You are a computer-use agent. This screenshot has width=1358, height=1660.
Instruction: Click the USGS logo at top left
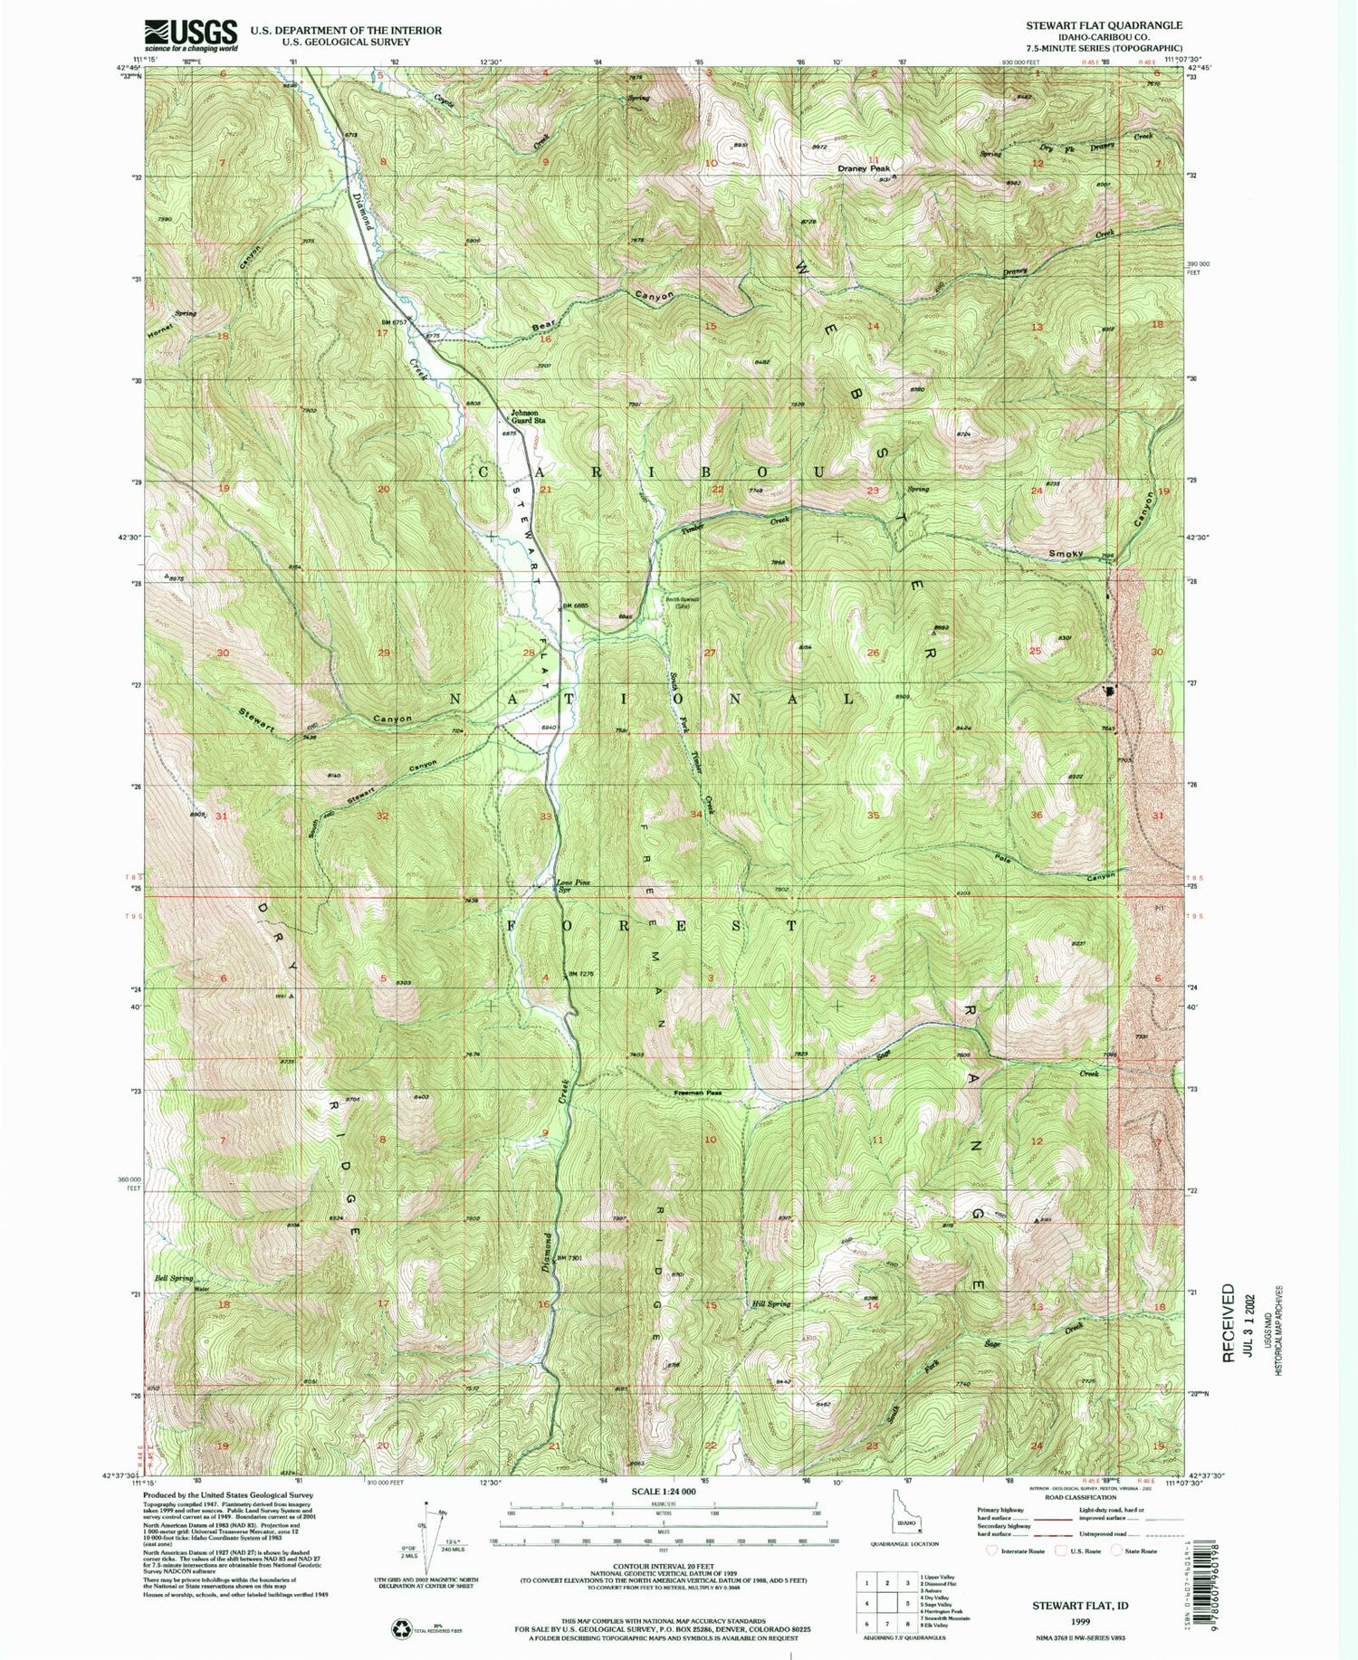[x=191, y=35]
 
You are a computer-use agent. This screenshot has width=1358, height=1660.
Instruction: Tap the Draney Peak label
[x=864, y=168]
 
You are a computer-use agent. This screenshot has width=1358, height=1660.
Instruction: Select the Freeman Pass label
[x=698, y=1092]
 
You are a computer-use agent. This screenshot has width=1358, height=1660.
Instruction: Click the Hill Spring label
[x=771, y=1304]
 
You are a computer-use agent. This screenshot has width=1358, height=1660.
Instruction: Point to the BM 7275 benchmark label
[x=581, y=973]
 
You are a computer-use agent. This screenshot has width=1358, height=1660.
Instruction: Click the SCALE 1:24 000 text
[x=665, y=1491]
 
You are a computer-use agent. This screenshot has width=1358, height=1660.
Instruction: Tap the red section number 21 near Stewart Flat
[x=546, y=490]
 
